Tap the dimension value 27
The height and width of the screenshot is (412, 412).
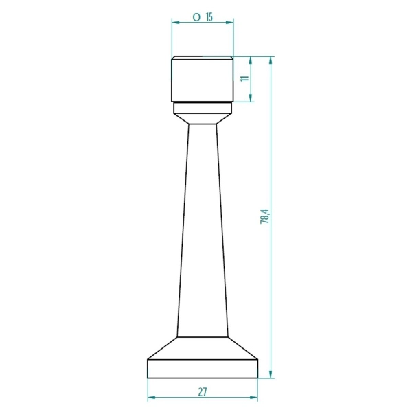coord(203,392)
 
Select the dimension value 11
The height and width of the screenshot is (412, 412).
coord(245,78)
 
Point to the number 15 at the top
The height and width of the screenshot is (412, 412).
coord(209,17)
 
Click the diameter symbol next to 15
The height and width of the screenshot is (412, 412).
coord(196,17)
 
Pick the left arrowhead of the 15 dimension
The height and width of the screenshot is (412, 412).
coord(176,23)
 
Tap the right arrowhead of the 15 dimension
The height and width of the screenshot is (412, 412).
coord(229,23)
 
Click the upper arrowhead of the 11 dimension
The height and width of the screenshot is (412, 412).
coord(251,60)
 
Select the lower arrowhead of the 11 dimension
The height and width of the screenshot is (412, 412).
coord(251,98)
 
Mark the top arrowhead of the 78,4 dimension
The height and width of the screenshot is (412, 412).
coord(271,60)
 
